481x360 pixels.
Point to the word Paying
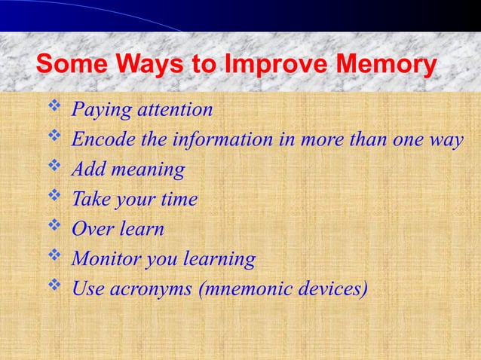(x=100, y=111)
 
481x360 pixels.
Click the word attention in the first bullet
(x=174, y=111)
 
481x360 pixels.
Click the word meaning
(x=148, y=171)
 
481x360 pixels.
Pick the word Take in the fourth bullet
(x=91, y=200)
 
